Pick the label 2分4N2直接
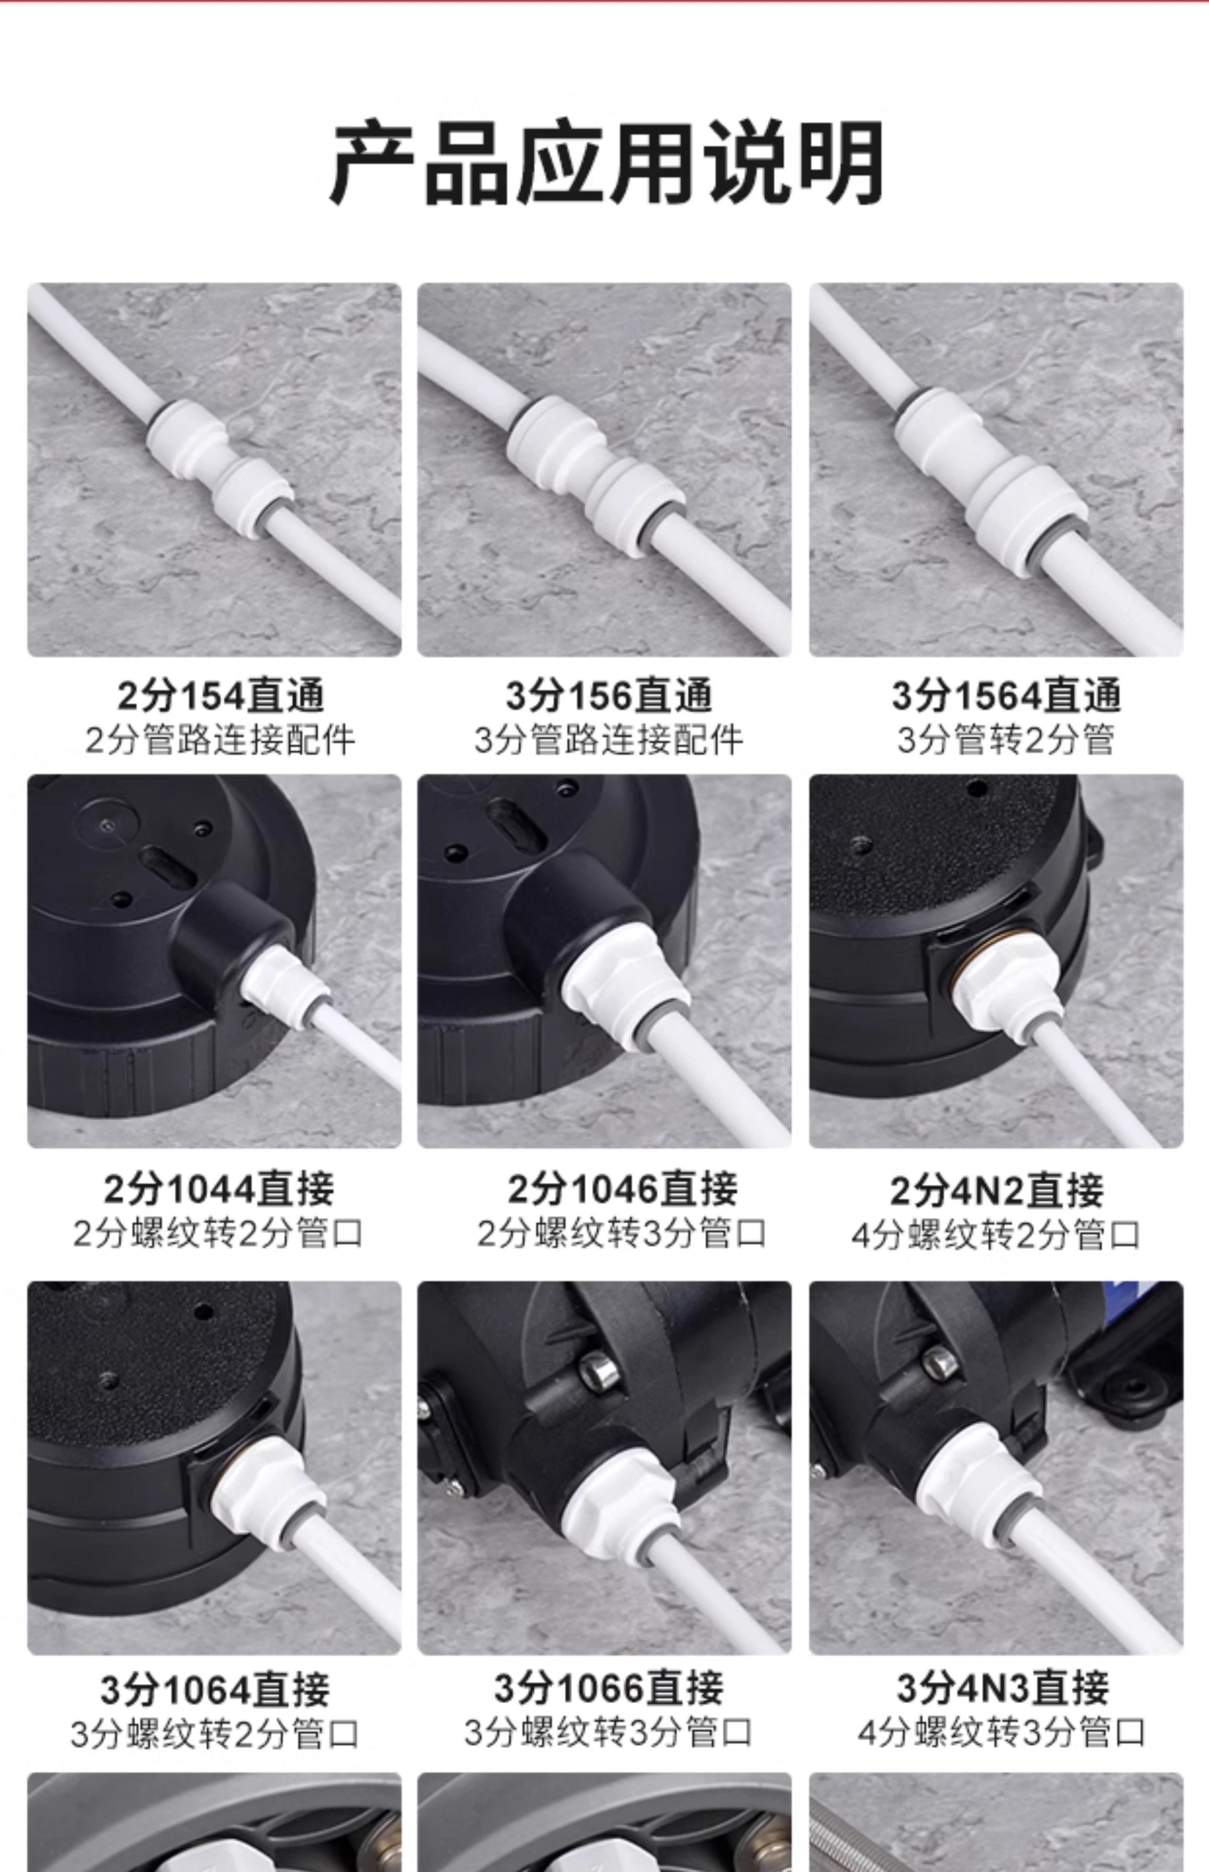(x=997, y=1190)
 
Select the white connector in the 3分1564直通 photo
(x=991, y=481)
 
